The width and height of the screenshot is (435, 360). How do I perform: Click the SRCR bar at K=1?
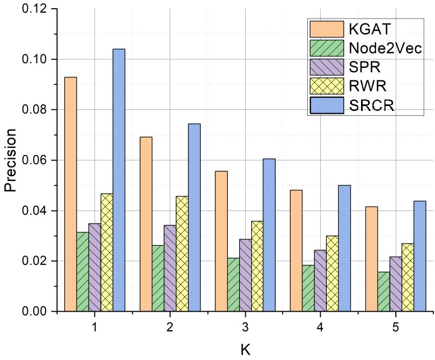[x=119, y=180]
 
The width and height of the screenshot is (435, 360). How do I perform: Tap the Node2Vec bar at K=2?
[x=158, y=278]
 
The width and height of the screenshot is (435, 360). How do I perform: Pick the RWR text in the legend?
[x=364, y=85]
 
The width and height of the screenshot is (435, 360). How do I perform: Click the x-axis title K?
[x=246, y=349]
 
